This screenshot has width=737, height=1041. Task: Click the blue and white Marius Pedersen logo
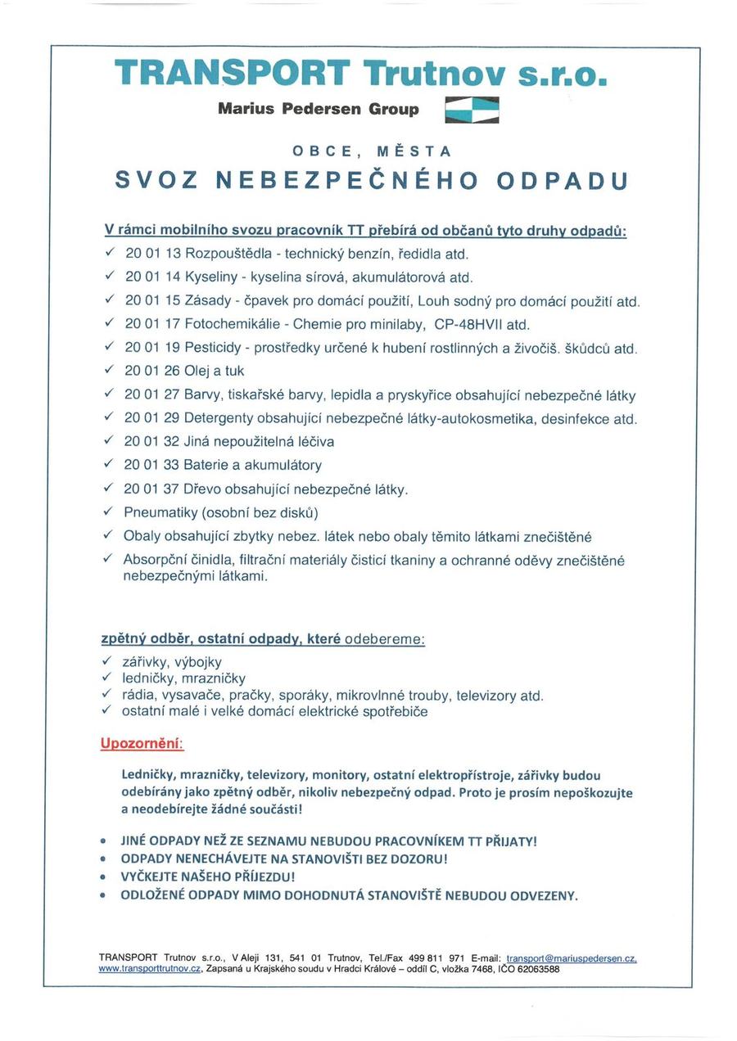pos(472,110)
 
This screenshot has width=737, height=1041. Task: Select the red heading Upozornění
pos(142,744)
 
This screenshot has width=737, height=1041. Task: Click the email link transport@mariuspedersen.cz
pos(572,957)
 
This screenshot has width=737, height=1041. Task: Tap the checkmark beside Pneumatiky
pos(107,512)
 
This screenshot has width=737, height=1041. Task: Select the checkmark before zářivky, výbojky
pos(106,661)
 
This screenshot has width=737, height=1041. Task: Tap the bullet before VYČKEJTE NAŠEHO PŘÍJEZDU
pos(102,877)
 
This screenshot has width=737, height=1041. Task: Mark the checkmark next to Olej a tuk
pos(107,371)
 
